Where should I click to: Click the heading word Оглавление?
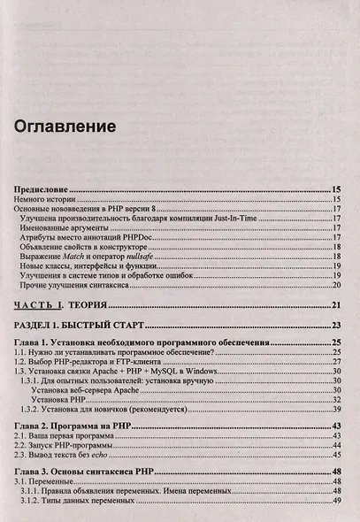click(x=65, y=127)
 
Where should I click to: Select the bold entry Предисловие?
click(x=42, y=190)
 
